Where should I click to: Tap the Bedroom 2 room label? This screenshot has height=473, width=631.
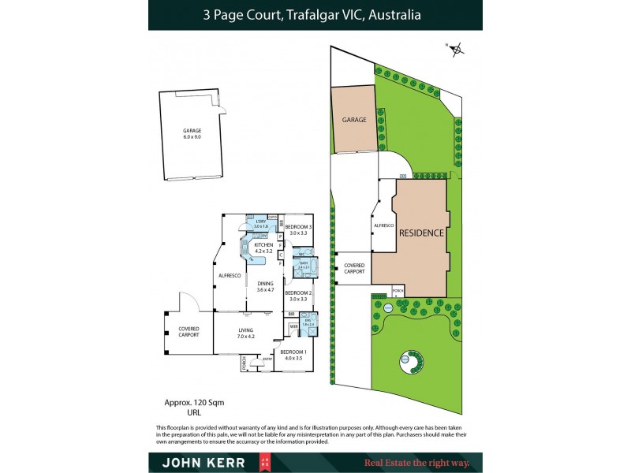coord(297,296)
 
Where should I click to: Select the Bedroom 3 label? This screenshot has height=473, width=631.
coord(298,229)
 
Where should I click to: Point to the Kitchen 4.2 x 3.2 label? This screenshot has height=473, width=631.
coord(263,248)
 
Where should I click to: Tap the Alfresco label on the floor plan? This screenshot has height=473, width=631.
coord(228,276)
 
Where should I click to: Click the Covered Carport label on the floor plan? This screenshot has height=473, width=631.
coord(189,331)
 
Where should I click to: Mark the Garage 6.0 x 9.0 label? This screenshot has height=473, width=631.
coord(192,134)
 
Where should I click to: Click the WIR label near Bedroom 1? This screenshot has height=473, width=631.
coord(293,325)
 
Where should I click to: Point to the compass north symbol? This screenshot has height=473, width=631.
coord(457,49)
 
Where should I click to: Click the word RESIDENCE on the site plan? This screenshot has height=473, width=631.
coord(421,233)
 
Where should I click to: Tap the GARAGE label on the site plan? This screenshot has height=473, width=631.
coord(354,120)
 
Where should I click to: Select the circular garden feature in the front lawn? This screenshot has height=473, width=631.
coord(411,363)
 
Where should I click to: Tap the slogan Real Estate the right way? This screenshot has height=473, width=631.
coord(416,463)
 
